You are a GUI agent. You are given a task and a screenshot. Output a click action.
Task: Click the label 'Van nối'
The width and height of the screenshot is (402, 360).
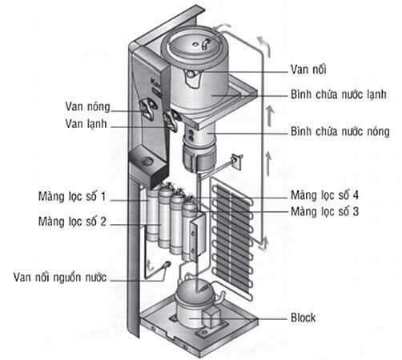pos(308,70)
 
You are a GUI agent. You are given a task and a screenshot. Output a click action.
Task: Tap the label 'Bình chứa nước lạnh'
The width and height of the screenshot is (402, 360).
pos(339,94)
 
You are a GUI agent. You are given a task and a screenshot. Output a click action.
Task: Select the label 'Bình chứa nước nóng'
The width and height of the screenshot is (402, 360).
pos(340,131)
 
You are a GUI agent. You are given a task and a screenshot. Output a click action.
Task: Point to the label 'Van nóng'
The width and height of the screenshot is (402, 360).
pos(87,106)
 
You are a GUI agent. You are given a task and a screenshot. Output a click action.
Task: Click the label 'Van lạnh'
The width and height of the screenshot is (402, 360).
pos(86,124)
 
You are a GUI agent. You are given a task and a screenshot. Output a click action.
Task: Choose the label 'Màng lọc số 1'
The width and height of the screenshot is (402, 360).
pos(72,197)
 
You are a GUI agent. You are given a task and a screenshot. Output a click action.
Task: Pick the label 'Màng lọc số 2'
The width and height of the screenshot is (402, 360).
pos(72,222)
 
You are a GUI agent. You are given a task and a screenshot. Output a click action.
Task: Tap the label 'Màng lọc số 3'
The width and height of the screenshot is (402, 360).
pos(324,212)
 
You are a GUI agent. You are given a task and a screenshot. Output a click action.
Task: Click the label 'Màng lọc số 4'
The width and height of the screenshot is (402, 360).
pos(324,195)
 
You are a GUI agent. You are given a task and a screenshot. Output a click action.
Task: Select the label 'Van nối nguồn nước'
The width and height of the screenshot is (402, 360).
pos(60,278)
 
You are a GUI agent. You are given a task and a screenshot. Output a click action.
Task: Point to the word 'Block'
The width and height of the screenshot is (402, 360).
pos(303,318)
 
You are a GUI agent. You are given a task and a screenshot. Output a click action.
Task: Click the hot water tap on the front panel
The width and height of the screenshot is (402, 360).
pos(147,107)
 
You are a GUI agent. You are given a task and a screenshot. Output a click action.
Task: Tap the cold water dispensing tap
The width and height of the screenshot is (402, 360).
pos(171,121)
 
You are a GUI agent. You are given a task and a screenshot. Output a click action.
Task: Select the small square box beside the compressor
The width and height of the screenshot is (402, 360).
pos(212,318)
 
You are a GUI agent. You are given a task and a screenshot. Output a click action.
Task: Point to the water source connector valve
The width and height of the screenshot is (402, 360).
pos(167,264)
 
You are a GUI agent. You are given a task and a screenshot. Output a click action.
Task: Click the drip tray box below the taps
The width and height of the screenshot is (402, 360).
pos(148,166)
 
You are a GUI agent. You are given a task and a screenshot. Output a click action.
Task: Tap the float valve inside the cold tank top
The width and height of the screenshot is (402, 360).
pos(206,44)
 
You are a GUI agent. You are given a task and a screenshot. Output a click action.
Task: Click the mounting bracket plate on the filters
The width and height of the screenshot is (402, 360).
pos(198,235)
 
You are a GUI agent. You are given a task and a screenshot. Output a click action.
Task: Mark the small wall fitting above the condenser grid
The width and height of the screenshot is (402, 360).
pos(236,161)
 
